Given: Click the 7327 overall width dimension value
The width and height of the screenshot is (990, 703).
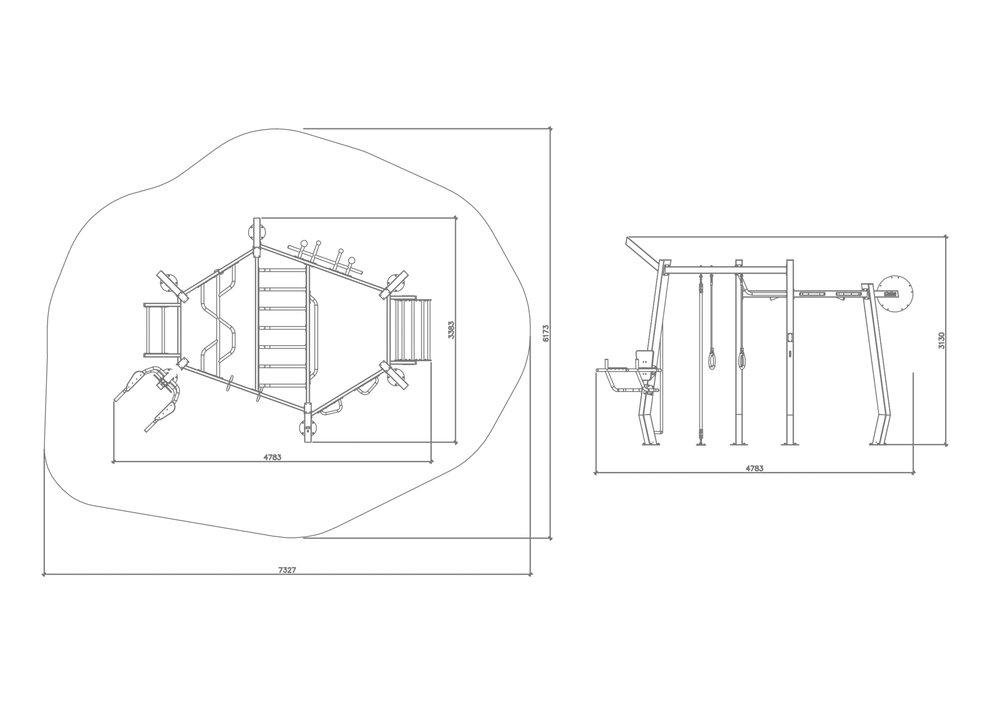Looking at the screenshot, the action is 287,570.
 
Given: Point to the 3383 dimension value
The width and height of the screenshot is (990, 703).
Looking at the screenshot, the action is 451,330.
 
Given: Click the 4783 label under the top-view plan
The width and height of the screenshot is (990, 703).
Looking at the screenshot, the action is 272,457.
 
